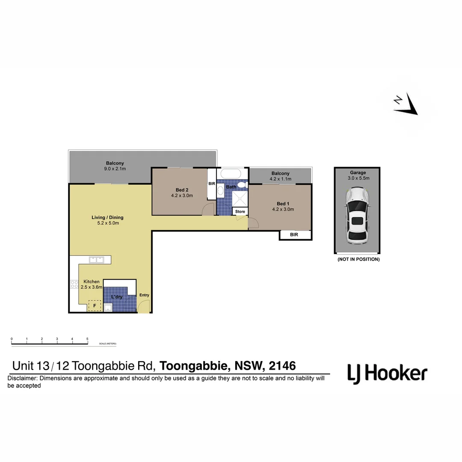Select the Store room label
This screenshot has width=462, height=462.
(x=240, y=211)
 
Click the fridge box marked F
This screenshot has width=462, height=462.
(x=95, y=306)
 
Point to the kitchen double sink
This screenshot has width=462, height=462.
(x=96, y=259)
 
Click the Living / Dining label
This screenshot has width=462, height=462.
(x=107, y=217)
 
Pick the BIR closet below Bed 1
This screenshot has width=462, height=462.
(x=295, y=235)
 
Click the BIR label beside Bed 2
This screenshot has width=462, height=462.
(x=212, y=184)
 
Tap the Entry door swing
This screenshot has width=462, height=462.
(x=144, y=306)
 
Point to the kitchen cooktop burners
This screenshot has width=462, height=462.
(x=74, y=284)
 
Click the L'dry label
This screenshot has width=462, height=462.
(x=117, y=296)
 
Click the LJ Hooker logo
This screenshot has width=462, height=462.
(x=387, y=373)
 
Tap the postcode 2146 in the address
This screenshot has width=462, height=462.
(x=282, y=366)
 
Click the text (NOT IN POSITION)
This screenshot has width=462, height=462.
(x=358, y=259)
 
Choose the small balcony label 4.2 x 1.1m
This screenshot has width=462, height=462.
(x=280, y=179)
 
